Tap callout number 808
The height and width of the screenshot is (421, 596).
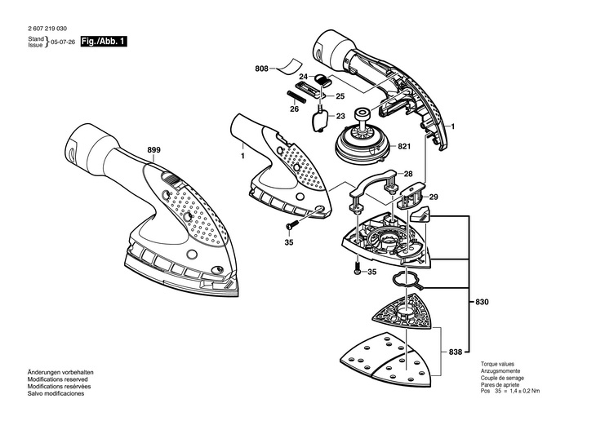click(261, 69)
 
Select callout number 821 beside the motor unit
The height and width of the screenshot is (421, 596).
click(403, 147)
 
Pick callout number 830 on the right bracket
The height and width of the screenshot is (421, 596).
click(482, 303)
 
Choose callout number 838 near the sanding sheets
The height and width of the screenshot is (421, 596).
click(456, 352)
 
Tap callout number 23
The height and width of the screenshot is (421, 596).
click(340, 116)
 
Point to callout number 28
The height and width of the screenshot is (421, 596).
click(407, 174)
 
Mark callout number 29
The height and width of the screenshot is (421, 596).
click(434, 197)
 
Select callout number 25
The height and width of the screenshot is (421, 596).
click(340, 95)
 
